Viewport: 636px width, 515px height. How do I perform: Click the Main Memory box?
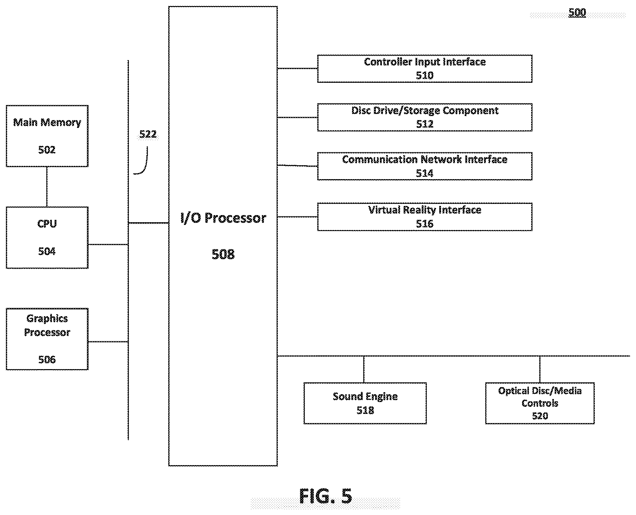47,136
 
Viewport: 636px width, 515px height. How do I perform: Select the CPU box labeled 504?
47,237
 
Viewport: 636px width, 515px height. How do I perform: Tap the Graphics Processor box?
47,339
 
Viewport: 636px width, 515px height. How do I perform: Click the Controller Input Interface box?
425,69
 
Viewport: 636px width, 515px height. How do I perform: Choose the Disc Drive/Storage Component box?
425,117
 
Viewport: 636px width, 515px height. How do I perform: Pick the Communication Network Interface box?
425,166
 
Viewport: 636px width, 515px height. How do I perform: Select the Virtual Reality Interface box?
425,217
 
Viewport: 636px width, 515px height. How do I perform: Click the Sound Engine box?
365,403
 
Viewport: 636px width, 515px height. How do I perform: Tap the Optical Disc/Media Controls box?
540,403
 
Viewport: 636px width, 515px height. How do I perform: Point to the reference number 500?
577,13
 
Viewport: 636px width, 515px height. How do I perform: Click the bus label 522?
148,134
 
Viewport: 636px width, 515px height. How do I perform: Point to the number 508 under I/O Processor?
223,254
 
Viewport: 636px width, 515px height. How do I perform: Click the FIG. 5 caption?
326,496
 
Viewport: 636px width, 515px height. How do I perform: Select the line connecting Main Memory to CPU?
47,187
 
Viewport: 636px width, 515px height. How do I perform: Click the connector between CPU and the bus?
108,244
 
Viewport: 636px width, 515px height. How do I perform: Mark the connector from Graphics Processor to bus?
108,342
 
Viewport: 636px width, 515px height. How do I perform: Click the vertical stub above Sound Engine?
364,369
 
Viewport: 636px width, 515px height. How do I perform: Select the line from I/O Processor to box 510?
297,69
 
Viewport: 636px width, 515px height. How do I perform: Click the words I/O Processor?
223,218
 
